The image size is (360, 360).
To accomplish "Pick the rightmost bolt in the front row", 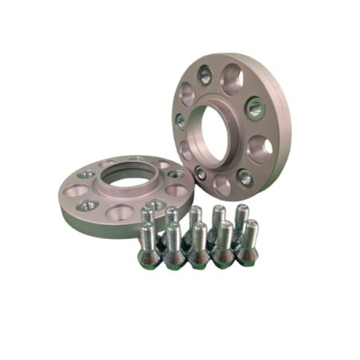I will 248,245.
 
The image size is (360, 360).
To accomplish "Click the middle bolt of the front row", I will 199,245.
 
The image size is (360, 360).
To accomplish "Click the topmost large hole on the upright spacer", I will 232,76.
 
